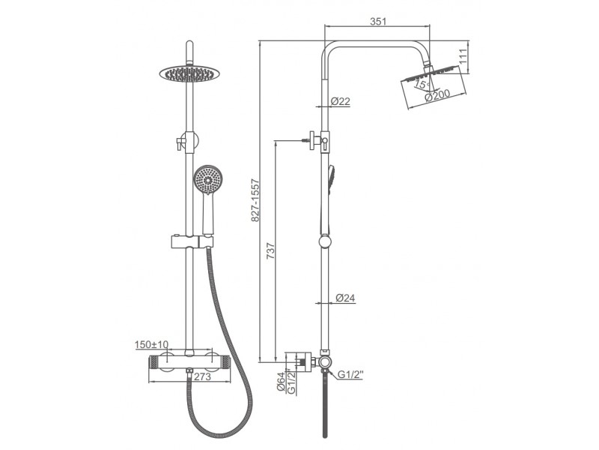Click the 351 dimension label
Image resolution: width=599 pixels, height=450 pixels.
click(378, 21)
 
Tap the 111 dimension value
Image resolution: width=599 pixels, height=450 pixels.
click(463, 55)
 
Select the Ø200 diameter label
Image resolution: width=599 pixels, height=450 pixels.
click(438, 95)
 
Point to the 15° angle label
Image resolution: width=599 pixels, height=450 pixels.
click(422, 84)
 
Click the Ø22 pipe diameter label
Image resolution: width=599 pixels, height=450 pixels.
click(341, 101)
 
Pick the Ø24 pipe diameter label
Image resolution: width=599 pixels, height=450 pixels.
click(345, 298)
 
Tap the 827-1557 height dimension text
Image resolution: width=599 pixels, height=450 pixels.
click(255, 200)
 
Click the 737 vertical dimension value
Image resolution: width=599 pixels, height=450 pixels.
click(270, 250)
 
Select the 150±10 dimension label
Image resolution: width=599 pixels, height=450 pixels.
click(152, 345)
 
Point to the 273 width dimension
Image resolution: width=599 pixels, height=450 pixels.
click(202, 376)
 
